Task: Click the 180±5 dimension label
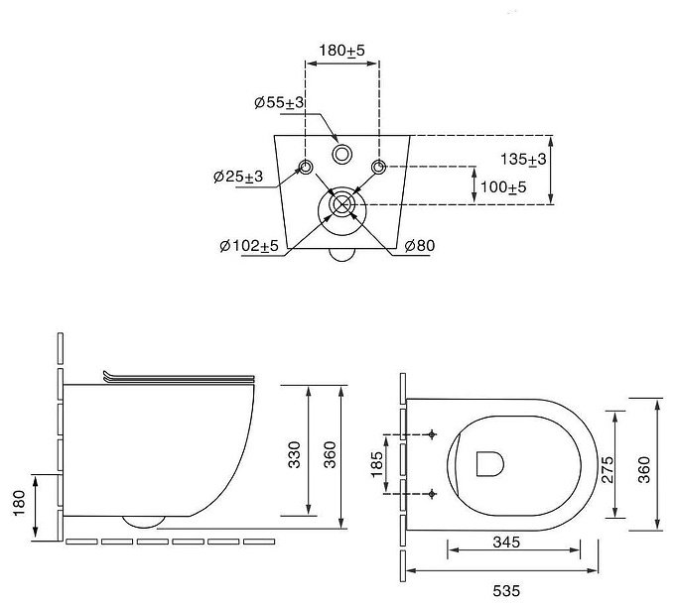341,51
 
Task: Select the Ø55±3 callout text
279,103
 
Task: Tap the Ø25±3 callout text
238,177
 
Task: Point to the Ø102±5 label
249,246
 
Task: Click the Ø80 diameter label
420,246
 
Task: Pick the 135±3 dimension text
523,160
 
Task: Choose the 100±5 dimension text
503,187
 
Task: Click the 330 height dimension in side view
294,454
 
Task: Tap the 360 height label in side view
330,454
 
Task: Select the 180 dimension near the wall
20,503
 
